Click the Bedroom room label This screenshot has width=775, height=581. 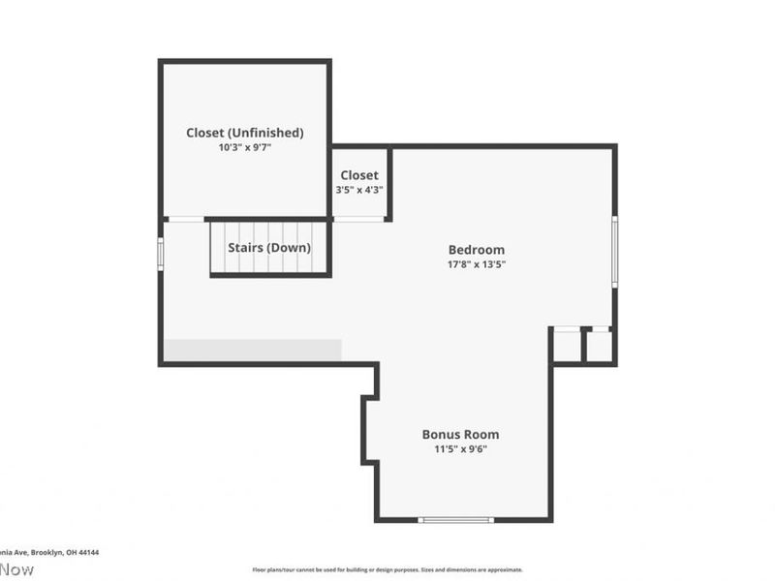[476, 250]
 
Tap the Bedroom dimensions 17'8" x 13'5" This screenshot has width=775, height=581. [476, 263]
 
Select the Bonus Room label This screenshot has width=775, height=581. [460, 435]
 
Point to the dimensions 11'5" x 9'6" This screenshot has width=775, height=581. [460, 448]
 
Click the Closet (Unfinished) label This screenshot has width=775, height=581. [245, 133]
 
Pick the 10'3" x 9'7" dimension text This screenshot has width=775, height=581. [245, 148]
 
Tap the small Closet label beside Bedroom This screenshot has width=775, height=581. [359, 175]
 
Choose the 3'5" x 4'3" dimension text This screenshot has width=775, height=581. [359, 190]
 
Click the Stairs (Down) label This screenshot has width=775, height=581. [269, 248]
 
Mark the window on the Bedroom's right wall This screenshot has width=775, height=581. [614, 251]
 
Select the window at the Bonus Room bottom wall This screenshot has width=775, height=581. [455, 520]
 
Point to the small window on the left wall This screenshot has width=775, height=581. [161, 251]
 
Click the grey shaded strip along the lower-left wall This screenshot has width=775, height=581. [252, 350]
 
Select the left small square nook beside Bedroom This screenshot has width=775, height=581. [567, 347]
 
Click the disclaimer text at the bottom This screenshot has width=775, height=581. [387, 570]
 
